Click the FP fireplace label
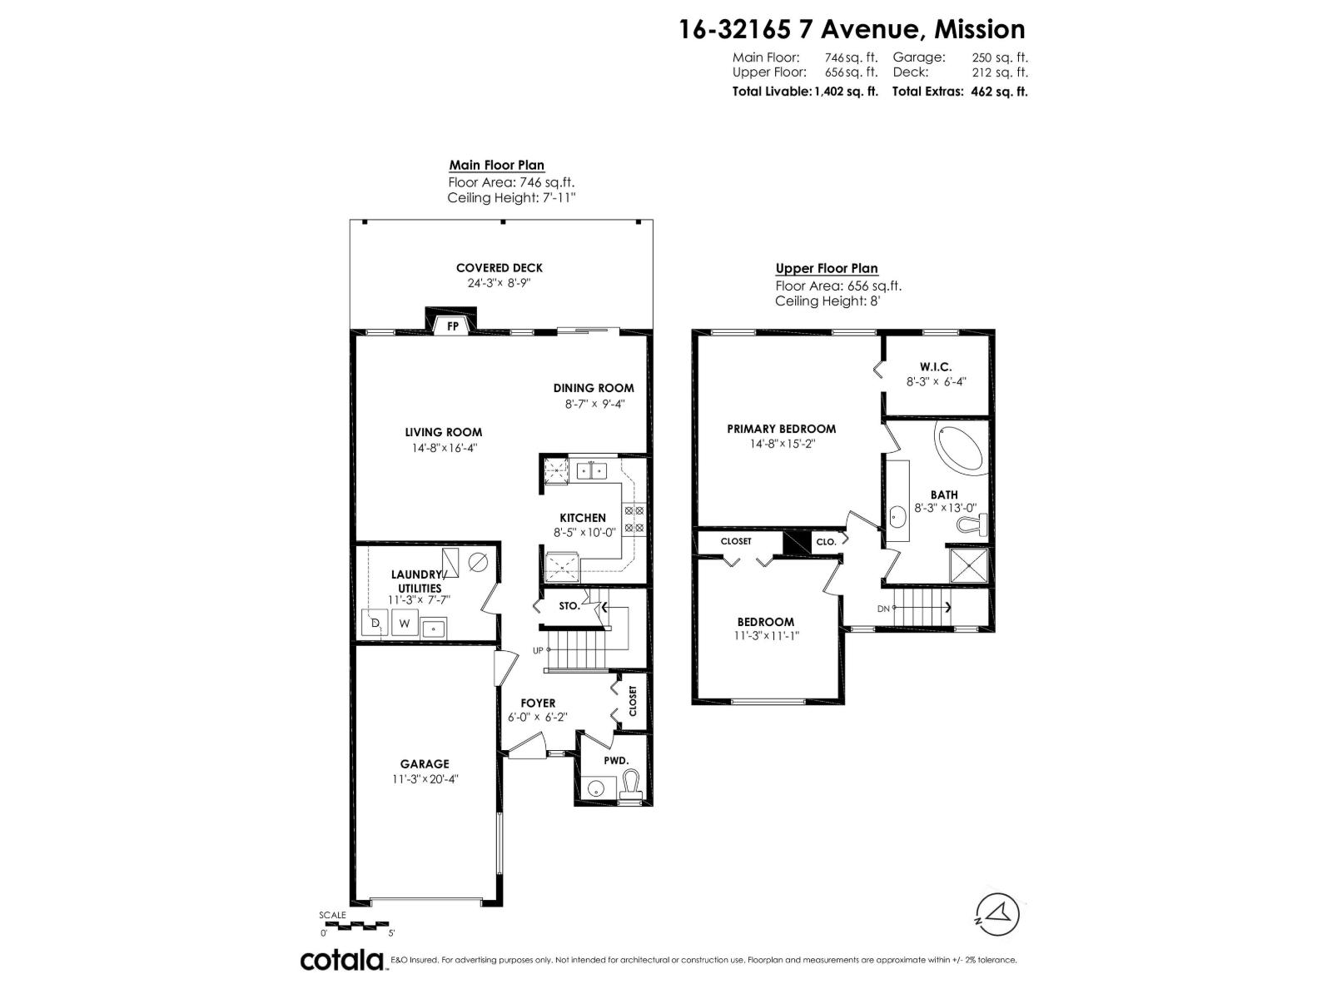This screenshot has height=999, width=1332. coord(453,326)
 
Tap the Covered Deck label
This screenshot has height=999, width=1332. coord(499,268)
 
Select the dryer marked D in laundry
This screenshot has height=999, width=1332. coord(375,623)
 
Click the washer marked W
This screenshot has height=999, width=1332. coord(405,623)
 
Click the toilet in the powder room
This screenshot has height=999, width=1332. coord(632,784)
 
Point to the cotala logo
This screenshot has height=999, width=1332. coord(341,960)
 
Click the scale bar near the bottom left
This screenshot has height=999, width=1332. coord(354,925)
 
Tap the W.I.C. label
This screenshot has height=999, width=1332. coord(936,367)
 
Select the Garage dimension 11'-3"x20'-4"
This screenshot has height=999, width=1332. coord(425,779)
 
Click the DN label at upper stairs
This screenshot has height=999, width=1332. coord(883,609)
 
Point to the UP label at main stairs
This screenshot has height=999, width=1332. coord(538,650)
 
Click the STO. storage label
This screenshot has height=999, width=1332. coord(569,606)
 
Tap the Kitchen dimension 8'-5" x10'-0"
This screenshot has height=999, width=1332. coord(584,533)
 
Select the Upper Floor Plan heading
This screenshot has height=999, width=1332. coord(827,268)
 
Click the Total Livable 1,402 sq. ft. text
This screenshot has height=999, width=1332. coord(804,92)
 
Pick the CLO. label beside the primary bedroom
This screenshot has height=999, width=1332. coord(826,542)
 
